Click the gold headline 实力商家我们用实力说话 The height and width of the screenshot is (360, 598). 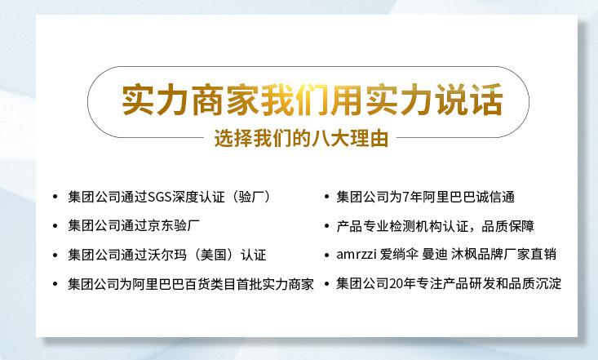click(x=312, y=99)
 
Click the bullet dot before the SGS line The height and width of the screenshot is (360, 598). click(x=55, y=198)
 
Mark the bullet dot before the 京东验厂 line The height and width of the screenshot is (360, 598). click(x=55, y=226)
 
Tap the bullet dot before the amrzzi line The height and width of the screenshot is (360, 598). click(x=326, y=256)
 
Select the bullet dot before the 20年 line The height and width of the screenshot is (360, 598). click(x=326, y=285)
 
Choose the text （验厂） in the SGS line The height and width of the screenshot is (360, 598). click(x=247, y=197)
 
